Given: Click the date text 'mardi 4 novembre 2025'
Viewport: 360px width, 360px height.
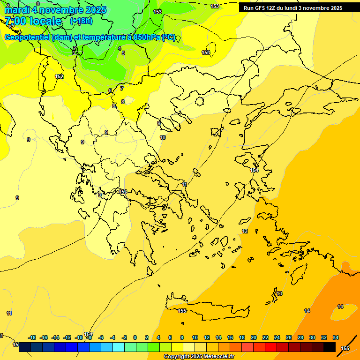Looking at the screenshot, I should pyautogui.click(x=55, y=10).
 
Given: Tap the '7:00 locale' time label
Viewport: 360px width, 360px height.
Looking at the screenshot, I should pyautogui.click(x=33, y=21).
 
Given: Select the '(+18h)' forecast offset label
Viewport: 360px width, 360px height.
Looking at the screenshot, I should pyautogui.click(x=81, y=21).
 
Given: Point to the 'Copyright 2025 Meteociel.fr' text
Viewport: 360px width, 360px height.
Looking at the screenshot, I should pyautogui.click(x=199, y=357).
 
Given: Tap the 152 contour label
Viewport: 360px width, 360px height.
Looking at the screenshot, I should pyautogui.click(x=59, y=76).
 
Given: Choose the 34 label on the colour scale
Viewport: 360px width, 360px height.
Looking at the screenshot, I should pyautogui.click(x=336, y=337).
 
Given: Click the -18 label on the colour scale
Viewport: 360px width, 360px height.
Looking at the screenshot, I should pyautogui.click(x=32, y=337).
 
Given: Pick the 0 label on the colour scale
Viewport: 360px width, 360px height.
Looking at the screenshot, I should pyautogui.click(x=135, y=337).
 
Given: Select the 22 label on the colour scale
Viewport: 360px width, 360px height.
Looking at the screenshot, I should pyautogui.click(x=265, y=337).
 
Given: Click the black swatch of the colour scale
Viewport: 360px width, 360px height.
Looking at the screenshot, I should pyautogui.click(x=329, y=347).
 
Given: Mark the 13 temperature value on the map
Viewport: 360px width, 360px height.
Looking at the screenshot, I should pyautogui.click(x=279, y=293).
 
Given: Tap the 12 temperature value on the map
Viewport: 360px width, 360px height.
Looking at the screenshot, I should pyautogui.click(x=245, y=232).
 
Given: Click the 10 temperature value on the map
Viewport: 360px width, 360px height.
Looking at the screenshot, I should pyautogui.click(x=163, y=137).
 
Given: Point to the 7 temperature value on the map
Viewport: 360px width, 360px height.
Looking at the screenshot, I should pyautogui.click(x=122, y=88).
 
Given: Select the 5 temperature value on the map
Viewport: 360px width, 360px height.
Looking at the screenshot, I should pyautogui.click(x=123, y=53).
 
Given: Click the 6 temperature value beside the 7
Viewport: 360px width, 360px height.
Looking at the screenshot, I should pyautogui.click(x=110, y=90).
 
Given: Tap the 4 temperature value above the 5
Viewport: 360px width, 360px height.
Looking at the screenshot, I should pyautogui.click(x=120, y=48).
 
